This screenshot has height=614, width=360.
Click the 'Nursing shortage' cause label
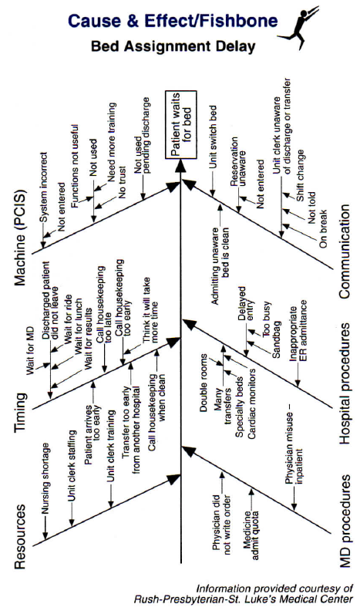(x=45, y=477)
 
